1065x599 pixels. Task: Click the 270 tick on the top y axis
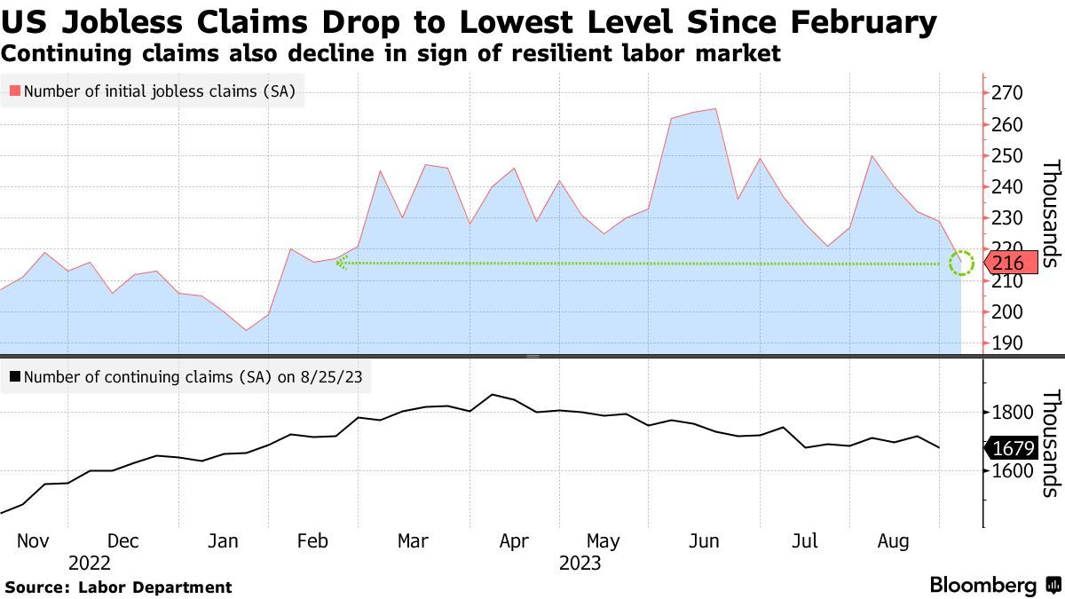(x=1009, y=93)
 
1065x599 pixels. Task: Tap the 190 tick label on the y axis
(x=1009, y=343)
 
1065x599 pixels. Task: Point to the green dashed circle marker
(x=961, y=263)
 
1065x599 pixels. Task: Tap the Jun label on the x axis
(x=704, y=541)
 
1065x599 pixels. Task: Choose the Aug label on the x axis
(x=894, y=541)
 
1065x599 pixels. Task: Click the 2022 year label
(x=90, y=564)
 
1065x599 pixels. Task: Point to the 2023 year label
(x=580, y=564)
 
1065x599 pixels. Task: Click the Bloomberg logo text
(x=983, y=586)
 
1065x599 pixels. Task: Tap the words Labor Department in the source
(x=155, y=587)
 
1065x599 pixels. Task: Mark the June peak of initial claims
(x=715, y=109)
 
